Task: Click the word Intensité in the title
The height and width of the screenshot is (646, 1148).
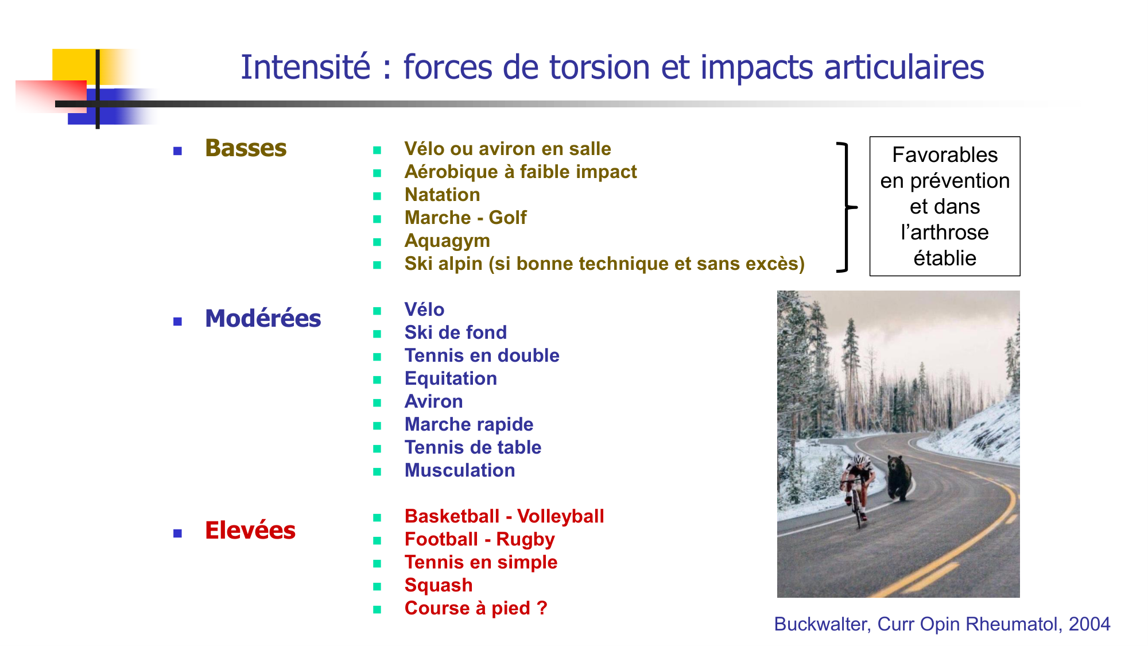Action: click(306, 67)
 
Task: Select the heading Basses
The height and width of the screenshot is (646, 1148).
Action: click(246, 148)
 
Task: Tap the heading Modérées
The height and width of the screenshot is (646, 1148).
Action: click(263, 318)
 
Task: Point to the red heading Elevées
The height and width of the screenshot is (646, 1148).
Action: click(250, 530)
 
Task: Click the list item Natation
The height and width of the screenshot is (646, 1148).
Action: click(442, 195)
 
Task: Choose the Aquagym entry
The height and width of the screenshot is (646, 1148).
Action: click(447, 241)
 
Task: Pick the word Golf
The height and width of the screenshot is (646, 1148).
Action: click(507, 218)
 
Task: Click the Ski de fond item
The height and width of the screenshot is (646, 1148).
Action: click(456, 332)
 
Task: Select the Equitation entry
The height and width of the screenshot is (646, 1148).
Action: click(451, 379)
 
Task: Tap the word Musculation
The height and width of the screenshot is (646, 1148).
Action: click(460, 470)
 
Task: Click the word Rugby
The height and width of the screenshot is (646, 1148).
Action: click(525, 540)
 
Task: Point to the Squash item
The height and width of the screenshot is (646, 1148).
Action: click(439, 586)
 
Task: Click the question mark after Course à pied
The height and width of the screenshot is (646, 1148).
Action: click(542, 608)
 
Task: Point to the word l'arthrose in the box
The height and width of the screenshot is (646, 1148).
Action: click(945, 233)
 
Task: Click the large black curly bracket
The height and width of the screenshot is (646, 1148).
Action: click(847, 207)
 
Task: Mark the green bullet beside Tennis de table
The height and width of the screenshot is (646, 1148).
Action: click(377, 448)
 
